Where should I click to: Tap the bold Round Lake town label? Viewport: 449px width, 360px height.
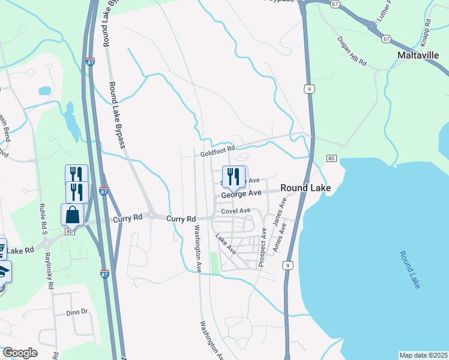point(306,188)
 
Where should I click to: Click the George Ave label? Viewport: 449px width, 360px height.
point(241,194)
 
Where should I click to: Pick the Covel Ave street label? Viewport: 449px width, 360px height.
point(235,211)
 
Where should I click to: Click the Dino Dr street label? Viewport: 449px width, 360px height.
point(77,312)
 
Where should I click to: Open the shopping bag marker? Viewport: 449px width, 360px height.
point(72,215)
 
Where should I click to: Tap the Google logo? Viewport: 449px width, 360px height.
point(20,353)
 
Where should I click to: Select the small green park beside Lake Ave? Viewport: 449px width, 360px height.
point(214,262)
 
